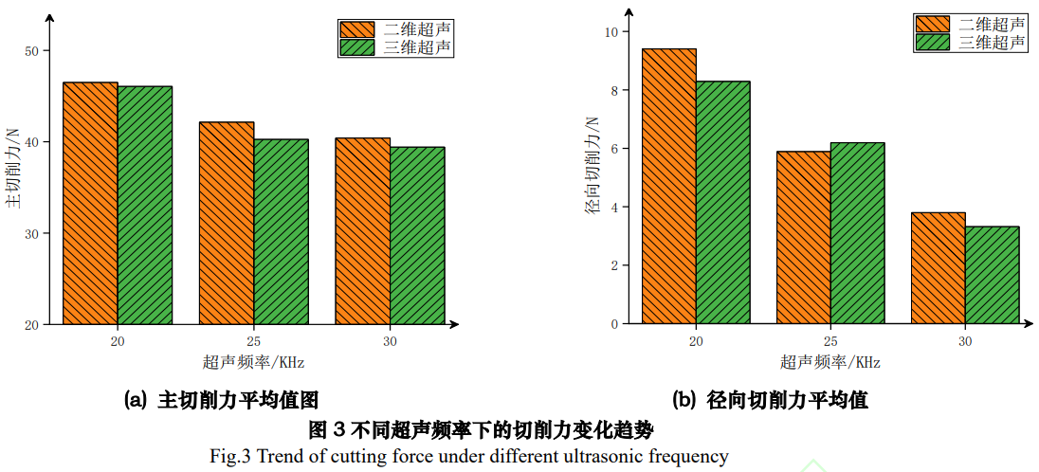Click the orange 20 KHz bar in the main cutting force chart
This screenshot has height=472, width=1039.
click(90, 204)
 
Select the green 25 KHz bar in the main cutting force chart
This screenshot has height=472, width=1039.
click(281, 232)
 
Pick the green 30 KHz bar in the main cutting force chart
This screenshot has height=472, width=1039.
click(417, 236)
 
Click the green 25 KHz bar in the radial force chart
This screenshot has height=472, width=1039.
click(857, 233)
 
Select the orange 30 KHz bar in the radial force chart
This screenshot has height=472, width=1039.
click(938, 268)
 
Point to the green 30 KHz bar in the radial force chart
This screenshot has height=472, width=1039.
click(992, 275)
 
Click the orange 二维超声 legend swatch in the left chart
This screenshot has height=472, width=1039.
click(357, 28)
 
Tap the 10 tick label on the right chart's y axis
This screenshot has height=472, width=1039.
click(611, 32)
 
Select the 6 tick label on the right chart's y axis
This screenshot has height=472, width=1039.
click(613, 149)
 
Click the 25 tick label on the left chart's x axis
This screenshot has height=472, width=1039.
click(254, 340)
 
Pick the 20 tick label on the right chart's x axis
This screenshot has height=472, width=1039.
click(696, 340)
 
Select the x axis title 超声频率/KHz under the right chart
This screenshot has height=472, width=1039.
click(830, 362)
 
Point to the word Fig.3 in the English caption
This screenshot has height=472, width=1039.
click(229, 457)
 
